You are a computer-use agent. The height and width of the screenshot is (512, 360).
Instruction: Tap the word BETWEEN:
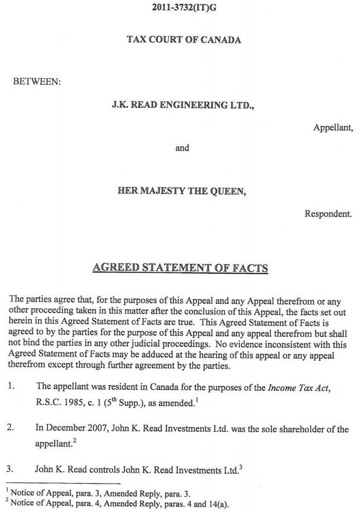[x=37, y=81]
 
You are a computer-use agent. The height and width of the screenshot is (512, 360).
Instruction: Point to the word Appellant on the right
[x=333, y=127]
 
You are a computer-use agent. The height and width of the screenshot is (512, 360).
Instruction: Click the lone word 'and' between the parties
[x=182, y=148]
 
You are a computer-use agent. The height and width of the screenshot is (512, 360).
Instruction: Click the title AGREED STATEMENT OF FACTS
[x=180, y=268]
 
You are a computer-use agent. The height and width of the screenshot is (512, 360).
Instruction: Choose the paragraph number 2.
[x=11, y=429]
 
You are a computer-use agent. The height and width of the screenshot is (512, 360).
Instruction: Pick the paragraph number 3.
[x=11, y=470]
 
